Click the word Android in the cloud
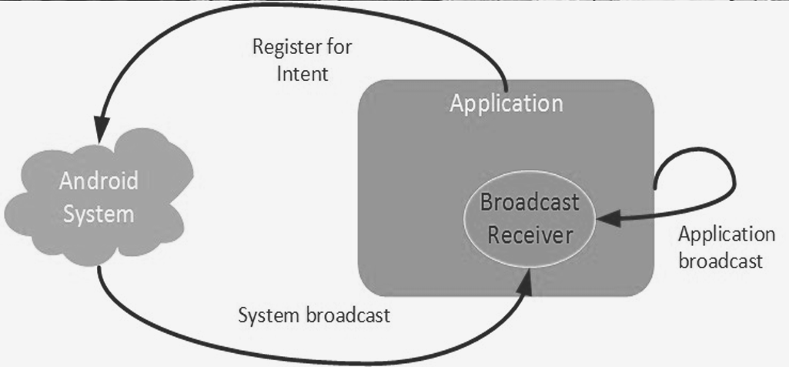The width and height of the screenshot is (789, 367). [99, 181]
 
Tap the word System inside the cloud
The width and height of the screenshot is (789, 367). [99, 215]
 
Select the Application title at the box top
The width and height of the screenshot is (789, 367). [506, 104]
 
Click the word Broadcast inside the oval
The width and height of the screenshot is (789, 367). [530, 203]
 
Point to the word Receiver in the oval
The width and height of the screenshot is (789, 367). [530, 235]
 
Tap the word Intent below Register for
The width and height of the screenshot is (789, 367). [303, 73]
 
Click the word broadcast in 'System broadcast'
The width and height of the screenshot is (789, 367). [348, 315]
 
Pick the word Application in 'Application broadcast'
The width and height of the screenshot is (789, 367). [727, 235]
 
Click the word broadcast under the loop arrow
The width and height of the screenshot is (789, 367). [720, 261]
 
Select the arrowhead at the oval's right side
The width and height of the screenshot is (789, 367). [607, 220]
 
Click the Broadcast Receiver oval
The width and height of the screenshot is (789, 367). [529, 219]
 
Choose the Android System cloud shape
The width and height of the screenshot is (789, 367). [99, 197]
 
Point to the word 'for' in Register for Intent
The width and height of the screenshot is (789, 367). [339, 47]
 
